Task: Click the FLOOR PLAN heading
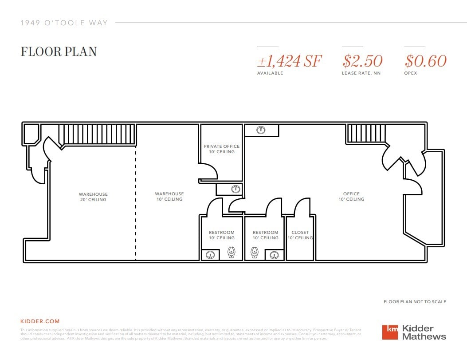(59, 51)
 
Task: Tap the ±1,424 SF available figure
(289, 61)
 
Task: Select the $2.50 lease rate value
(362, 61)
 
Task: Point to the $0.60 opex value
(425, 61)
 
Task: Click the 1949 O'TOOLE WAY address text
(64, 23)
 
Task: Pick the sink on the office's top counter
(261, 130)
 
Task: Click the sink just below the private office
(235, 189)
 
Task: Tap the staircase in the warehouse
(97, 134)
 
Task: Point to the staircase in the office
(365, 134)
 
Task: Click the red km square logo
(390, 332)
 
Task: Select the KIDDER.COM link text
(40, 321)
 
